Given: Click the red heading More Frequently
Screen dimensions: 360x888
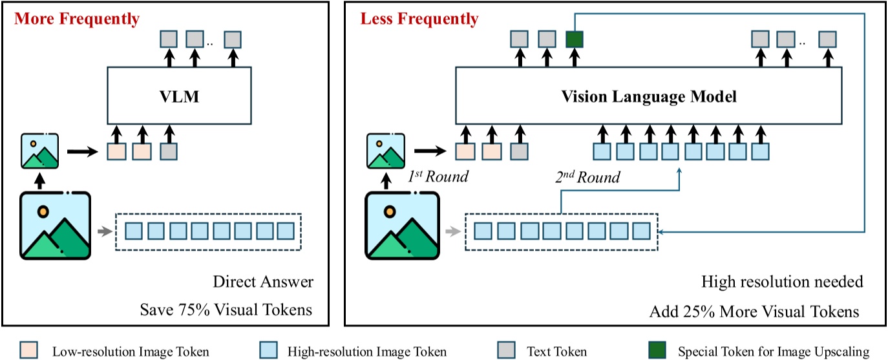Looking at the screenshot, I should pyautogui.click(x=77, y=19).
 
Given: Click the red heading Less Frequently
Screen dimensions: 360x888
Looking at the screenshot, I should pyautogui.click(x=419, y=19).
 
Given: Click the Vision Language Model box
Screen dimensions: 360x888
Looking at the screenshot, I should pyautogui.click(x=649, y=97).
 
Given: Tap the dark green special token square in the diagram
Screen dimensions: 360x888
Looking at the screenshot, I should pyautogui.click(x=574, y=39).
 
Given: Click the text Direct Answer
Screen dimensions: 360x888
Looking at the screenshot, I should pyautogui.click(x=262, y=282).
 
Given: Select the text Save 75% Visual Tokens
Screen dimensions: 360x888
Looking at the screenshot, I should pyautogui.click(x=226, y=310).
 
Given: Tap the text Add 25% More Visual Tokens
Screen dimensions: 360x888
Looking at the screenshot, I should pyautogui.click(x=754, y=312).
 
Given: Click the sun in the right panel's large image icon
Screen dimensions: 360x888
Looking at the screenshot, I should pyautogui.click(x=389, y=211).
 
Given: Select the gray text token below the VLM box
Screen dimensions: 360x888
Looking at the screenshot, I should pyautogui.click(x=168, y=152).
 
